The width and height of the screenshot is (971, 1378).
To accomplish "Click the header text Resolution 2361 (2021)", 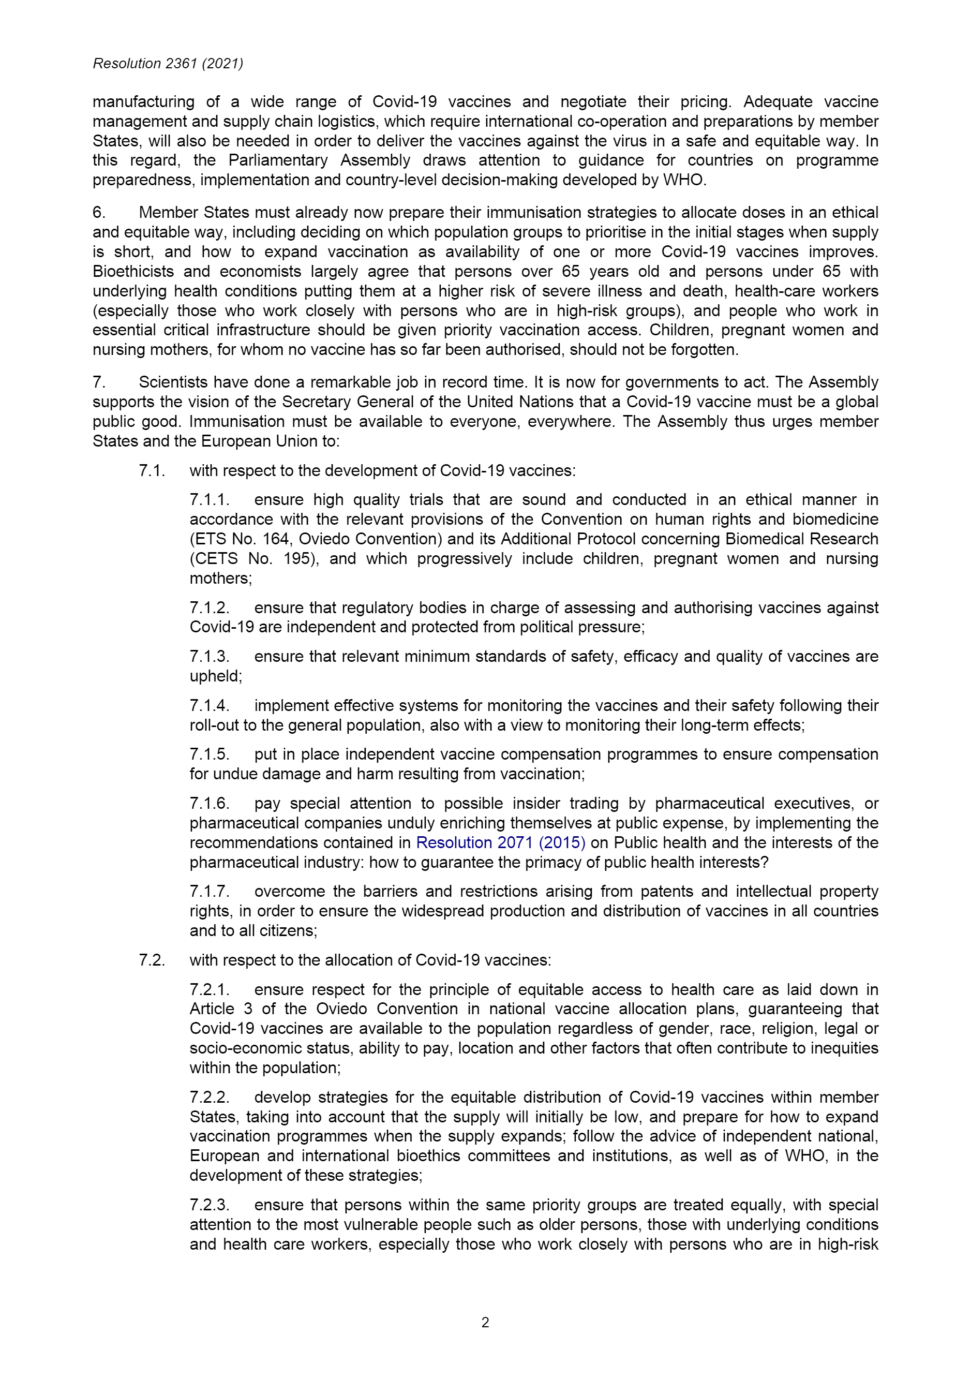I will click(x=168, y=64).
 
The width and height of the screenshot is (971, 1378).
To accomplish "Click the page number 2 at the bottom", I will click(x=485, y=1322).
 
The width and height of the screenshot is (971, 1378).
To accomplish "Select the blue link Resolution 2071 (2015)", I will click(x=501, y=842).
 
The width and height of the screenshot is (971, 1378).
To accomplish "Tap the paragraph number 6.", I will click(x=99, y=213).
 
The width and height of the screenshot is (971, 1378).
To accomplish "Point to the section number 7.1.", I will click(x=152, y=470).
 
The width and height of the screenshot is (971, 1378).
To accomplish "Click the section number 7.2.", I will click(x=152, y=960).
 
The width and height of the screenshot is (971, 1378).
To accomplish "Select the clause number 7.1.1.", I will click(x=210, y=500).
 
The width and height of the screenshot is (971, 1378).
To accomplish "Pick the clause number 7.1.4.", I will click(x=210, y=705).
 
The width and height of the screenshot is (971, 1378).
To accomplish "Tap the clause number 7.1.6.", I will click(x=210, y=804).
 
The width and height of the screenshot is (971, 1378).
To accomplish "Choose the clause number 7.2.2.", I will click(x=210, y=1098).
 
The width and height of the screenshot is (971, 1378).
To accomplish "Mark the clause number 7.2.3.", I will click(x=210, y=1205).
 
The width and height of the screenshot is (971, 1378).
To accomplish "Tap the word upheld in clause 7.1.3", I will click(x=214, y=676).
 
